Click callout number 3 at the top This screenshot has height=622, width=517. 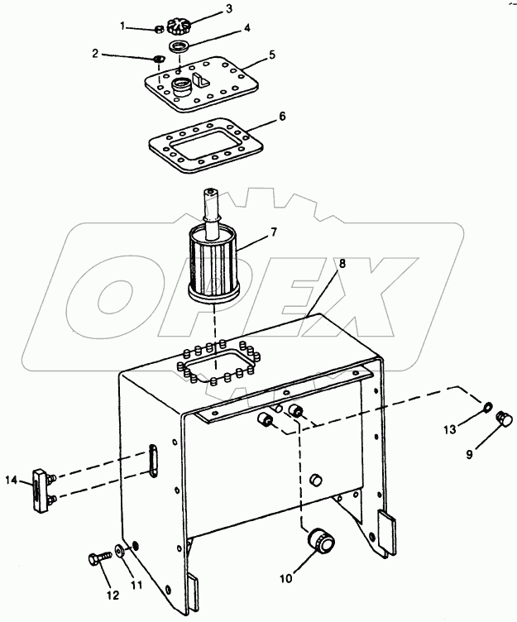click(229, 9)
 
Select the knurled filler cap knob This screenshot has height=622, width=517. click(175, 26)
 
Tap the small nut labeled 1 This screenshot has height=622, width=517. click(158, 29)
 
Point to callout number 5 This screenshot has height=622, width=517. click(272, 55)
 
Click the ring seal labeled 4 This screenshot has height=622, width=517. click(179, 46)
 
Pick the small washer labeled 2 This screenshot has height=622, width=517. click(158, 59)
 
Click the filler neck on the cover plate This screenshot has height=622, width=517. click(182, 88)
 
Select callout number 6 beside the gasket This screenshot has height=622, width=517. click(282, 117)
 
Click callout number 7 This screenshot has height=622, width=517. click(274, 232)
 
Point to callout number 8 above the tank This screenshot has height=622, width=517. click(342, 263)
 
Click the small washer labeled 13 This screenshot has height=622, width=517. click(487, 407)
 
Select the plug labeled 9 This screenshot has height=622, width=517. click(505, 419)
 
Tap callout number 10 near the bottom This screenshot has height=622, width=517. click(285, 579)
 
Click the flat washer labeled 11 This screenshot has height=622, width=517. click(120, 550)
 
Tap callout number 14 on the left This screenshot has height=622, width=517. click(12, 481)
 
